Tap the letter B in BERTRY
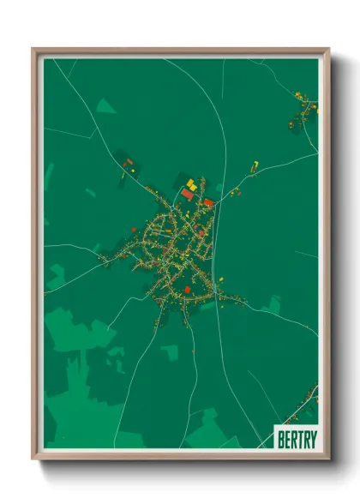tap(281, 438)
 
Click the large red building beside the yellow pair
tap(187, 195)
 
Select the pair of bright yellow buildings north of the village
tap(192, 184)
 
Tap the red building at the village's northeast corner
tap(208, 202)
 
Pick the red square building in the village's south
tap(187, 290)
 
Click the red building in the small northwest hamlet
tap(129, 161)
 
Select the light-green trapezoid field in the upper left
tap(105, 106)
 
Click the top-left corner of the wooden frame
tap(33, 50)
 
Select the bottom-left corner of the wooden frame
tap(33, 459)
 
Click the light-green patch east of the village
tap(273, 304)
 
